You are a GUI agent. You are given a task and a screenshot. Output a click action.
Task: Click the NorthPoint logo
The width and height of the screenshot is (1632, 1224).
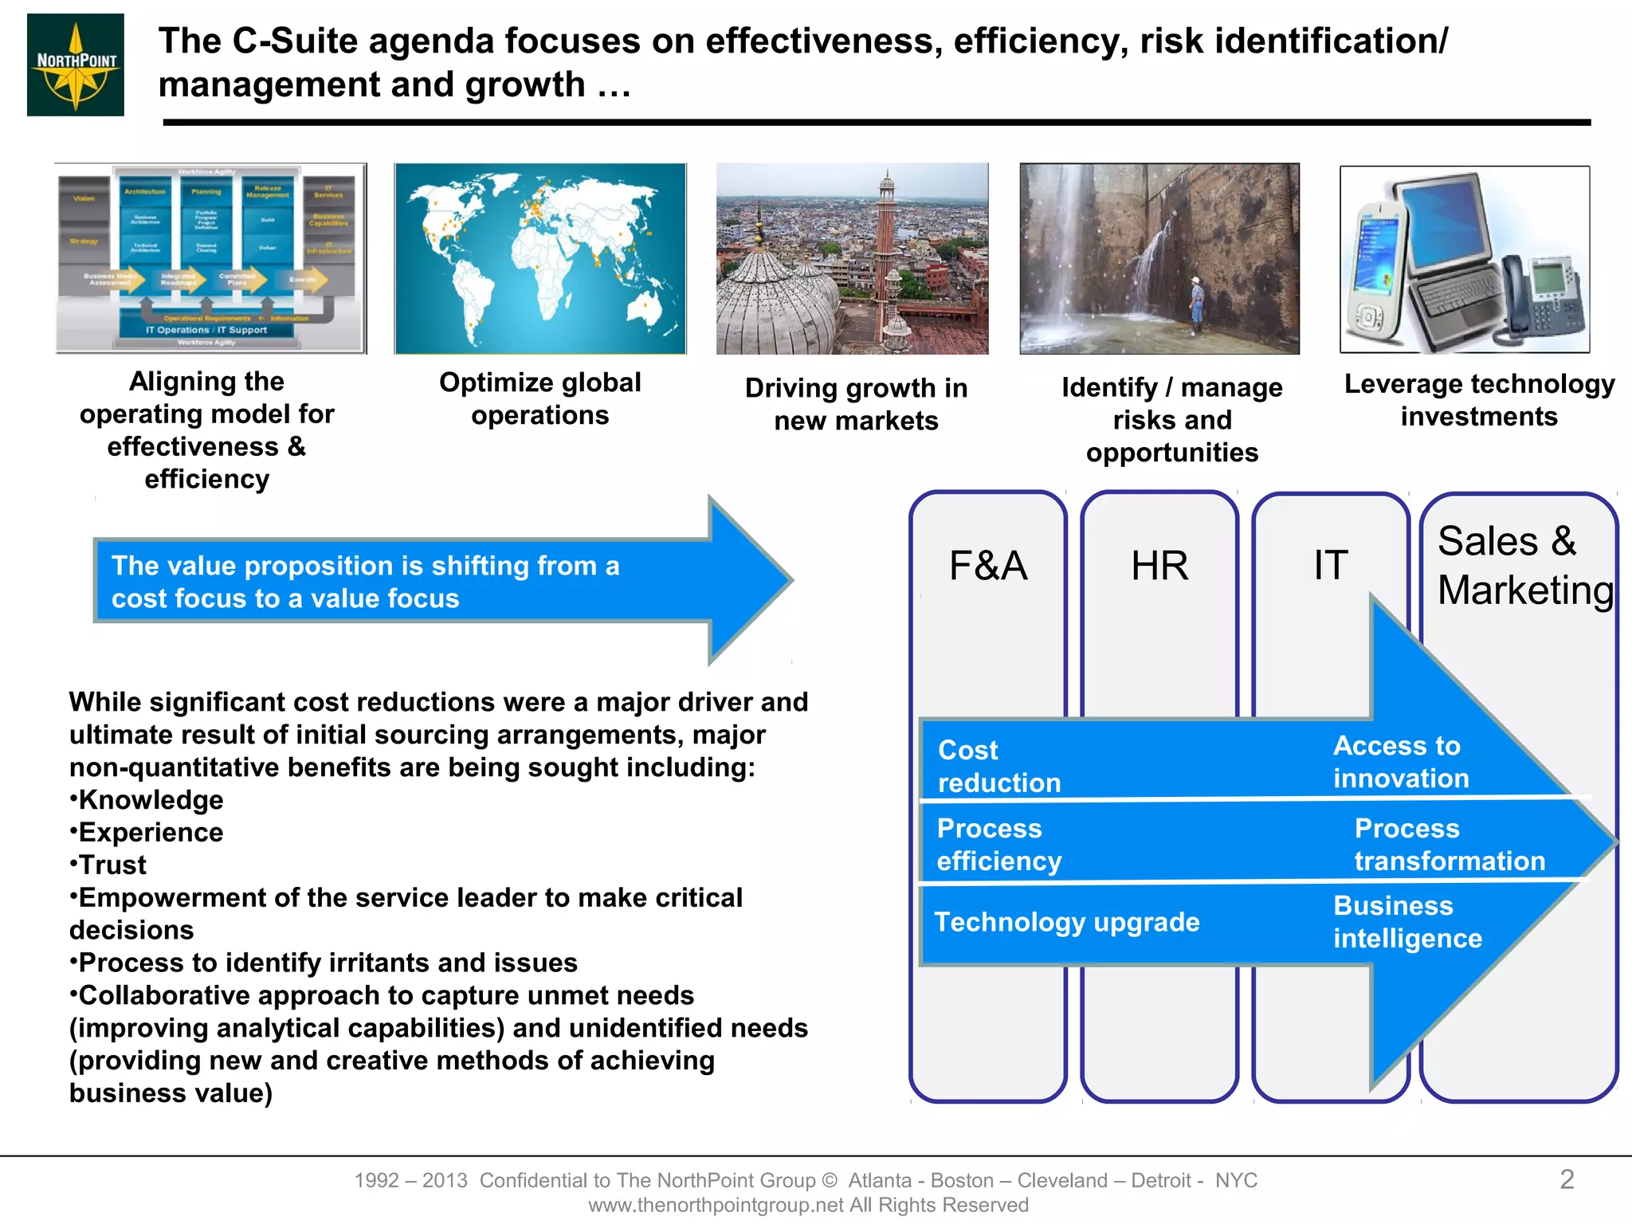pyautogui.click(x=76, y=65)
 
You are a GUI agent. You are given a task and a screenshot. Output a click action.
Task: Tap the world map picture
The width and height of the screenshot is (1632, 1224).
pyautogui.click(x=540, y=258)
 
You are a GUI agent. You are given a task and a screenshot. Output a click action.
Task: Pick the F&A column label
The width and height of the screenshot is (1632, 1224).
pyautogui.click(x=988, y=566)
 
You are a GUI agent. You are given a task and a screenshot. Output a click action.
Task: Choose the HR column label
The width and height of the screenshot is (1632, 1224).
pyautogui.click(x=1159, y=566)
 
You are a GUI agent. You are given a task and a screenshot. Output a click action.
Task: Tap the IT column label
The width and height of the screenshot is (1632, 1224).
pyautogui.click(x=1331, y=565)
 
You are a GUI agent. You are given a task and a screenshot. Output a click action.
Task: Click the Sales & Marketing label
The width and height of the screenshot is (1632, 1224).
pyautogui.click(x=1524, y=566)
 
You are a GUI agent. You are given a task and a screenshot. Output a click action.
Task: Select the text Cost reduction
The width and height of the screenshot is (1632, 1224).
pyautogui.click(x=998, y=766)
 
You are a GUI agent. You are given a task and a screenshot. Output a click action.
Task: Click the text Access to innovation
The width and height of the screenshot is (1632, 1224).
pyautogui.click(x=1400, y=762)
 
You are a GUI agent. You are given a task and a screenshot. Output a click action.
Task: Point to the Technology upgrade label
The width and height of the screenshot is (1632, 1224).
pyautogui.click(x=1066, y=922)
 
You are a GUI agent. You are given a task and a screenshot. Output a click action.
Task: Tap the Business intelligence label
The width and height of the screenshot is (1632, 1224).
pyautogui.click(x=1407, y=922)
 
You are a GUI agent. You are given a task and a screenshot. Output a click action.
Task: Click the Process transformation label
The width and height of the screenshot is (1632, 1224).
pyautogui.click(x=1449, y=845)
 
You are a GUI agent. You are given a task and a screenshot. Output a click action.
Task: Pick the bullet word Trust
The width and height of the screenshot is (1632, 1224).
pyautogui.click(x=112, y=865)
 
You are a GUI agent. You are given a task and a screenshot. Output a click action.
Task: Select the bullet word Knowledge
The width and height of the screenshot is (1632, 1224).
pyautogui.click(x=151, y=800)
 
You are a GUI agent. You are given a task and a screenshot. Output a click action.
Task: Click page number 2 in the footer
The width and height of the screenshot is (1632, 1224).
pyautogui.click(x=1566, y=1179)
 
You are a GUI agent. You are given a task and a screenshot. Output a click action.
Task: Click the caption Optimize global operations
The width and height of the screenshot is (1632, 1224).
pyautogui.click(x=540, y=398)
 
